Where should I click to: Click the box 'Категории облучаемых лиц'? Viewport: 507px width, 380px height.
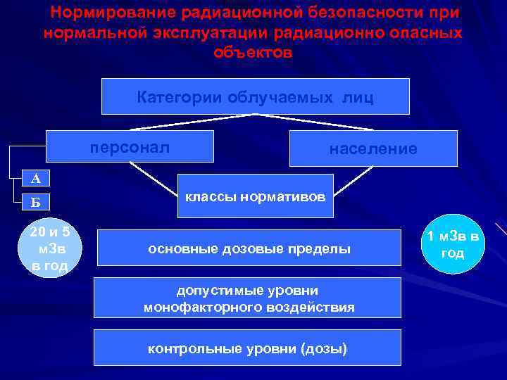tap(255, 96)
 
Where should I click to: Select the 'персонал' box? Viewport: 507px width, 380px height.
tap(130, 147)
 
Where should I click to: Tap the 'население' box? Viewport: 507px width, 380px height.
tap(373, 148)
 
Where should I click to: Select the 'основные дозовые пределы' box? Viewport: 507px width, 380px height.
tap(249, 249)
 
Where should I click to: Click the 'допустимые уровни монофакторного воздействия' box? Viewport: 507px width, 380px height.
tap(249, 298)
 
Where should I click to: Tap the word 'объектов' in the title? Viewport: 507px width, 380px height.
tap(253, 53)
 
